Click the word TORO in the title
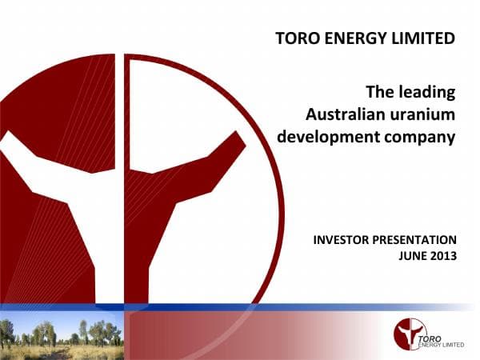[295, 38]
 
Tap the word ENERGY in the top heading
[355, 38]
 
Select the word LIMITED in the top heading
[424, 38]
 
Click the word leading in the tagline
[427, 92]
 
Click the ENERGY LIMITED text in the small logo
[442, 339]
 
